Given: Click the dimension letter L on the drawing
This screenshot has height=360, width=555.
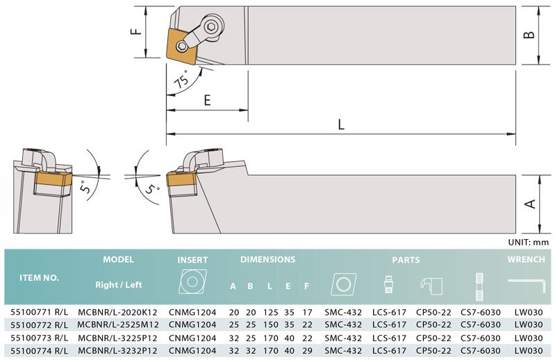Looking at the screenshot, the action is coord(341,124).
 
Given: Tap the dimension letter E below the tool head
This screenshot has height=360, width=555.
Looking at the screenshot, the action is coord(208,100).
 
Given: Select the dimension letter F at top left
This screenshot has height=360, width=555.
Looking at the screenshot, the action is coord(137,31).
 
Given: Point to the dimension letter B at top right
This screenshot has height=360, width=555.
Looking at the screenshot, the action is coord(529,35).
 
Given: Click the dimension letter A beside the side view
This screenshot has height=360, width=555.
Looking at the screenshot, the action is coord(530,204).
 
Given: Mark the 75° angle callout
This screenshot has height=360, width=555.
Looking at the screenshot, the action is coord(182,79).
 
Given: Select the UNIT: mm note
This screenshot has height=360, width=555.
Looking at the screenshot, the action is coord(528,243).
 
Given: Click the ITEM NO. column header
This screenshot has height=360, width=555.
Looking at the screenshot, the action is coord(39,278).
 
